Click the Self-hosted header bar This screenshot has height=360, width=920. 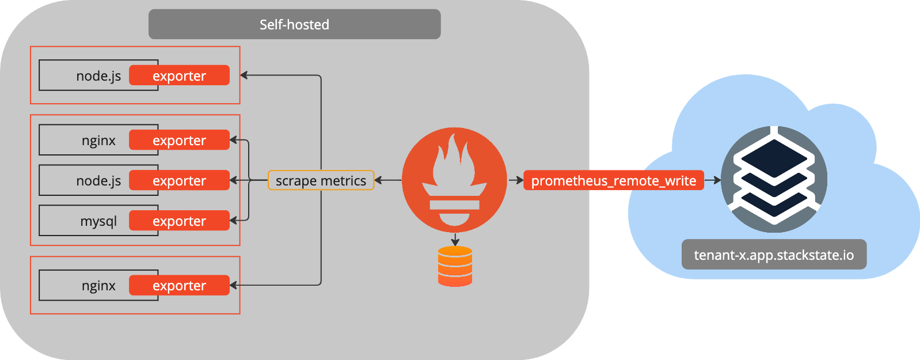pyautogui.click(x=294, y=24)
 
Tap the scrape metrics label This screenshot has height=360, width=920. pyautogui.click(x=321, y=180)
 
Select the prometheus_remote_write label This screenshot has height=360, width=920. pyautogui.click(x=613, y=180)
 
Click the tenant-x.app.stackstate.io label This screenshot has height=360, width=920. pyautogui.click(x=774, y=255)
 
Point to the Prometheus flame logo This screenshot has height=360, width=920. pyautogui.click(x=454, y=179)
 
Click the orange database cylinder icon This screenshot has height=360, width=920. pyautogui.click(x=455, y=266)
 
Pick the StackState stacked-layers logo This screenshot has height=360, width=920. pyautogui.click(x=774, y=179)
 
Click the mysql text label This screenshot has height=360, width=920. pyautogui.click(x=98, y=221)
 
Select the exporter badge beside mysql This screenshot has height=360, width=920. pyautogui.click(x=179, y=221)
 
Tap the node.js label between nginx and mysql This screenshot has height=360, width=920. pyautogui.click(x=98, y=181)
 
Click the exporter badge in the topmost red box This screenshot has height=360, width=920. pyautogui.click(x=179, y=75)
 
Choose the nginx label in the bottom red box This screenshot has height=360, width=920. pyautogui.click(x=98, y=286)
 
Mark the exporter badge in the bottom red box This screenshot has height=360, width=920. pyautogui.click(x=179, y=285)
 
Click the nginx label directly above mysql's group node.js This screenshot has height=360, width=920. pyautogui.click(x=98, y=141)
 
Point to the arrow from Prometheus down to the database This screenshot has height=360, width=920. pyautogui.click(x=455, y=239)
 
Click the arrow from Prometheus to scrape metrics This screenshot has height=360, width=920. pyautogui.click(x=387, y=180)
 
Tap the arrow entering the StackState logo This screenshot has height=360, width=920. pyautogui.click(x=713, y=180)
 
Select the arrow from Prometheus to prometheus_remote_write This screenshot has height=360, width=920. pyautogui.click(x=515, y=180)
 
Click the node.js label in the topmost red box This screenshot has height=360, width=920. pyautogui.click(x=98, y=76)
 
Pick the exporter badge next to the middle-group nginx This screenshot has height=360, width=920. pyautogui.click(x=179, y=140)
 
